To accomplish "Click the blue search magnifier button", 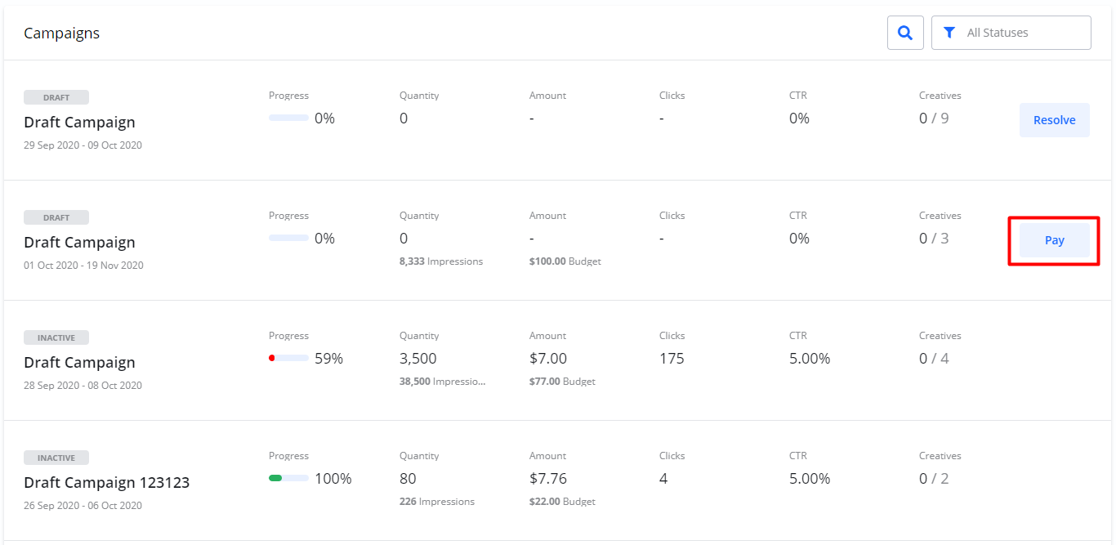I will tap(905, 33).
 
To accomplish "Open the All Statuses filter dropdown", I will tap(1011, 33).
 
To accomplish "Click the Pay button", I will tap(1054, 240).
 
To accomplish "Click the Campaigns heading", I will tap(61, 34).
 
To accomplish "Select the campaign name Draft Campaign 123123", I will tap(106, 482).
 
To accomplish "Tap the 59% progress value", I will tap(328, 359).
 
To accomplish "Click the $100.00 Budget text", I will tap(565, 261).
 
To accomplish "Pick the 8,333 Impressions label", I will tap(440, 261).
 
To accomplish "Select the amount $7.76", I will tap(547, 478).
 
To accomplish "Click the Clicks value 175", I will tap(672, 359).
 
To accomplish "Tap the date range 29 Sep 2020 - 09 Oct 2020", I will tap(83, 145).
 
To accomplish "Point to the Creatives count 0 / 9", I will tap(934, 118).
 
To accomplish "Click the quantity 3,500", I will tap(417, 359).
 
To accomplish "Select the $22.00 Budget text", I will tap(562, 502).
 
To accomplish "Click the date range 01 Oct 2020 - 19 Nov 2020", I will tap(83, 266).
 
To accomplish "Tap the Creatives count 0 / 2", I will tap(934, 478).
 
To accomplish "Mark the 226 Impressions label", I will tap(436, 502).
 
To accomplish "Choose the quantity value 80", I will tap(408, 478).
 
